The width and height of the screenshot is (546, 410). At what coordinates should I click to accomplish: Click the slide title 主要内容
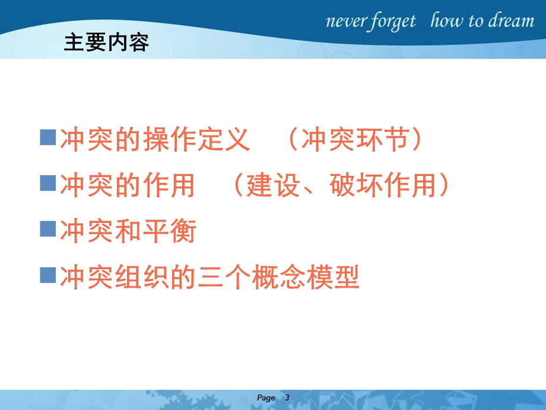106,43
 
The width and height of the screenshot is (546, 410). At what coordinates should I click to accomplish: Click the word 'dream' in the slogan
512,22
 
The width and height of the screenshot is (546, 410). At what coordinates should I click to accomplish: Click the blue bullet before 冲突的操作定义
47,138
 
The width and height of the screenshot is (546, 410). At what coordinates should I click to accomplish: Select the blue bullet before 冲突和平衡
47,228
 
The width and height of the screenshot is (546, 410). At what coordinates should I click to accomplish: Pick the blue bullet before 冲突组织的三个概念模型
47,274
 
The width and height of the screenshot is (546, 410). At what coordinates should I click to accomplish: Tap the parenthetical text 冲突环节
355,141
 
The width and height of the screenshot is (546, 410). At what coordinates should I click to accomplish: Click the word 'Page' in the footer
266,398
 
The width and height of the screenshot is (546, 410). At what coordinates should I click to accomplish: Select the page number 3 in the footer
287,398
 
